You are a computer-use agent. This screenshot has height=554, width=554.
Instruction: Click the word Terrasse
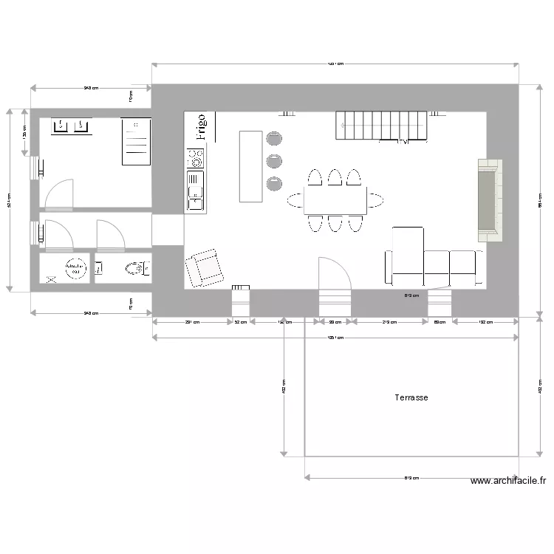(411, 397)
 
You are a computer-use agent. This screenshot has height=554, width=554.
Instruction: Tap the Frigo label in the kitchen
(201, 126)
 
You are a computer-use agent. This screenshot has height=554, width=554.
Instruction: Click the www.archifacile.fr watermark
(508, 481)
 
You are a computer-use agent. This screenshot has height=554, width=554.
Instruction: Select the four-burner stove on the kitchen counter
(196, 157)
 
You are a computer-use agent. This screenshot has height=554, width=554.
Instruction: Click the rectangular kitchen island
(250, 166)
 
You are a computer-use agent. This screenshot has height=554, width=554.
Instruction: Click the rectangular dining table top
(335, 199)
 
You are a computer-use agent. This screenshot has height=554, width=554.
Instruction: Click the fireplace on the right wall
(488, 200)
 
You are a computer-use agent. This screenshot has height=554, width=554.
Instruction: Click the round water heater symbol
(75, 269)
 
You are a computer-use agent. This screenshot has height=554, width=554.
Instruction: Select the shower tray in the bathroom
(135, 142)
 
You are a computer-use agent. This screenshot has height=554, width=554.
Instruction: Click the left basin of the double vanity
(61, 126)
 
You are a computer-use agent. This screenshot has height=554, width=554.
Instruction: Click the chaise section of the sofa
(406, 256)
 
